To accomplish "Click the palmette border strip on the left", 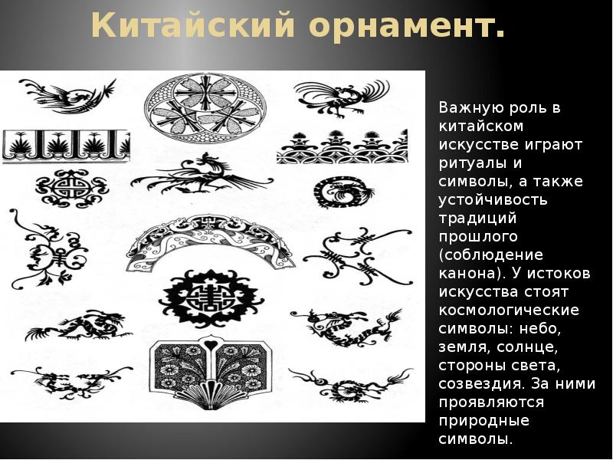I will (x=66, y=145).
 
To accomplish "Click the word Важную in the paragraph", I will (x=470, y=107).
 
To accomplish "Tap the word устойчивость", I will (x=493, y=199).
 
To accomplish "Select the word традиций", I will (x=472, y=218).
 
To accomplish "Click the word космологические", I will (x=508, y=310).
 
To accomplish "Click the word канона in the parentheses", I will (x=463, y=273).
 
